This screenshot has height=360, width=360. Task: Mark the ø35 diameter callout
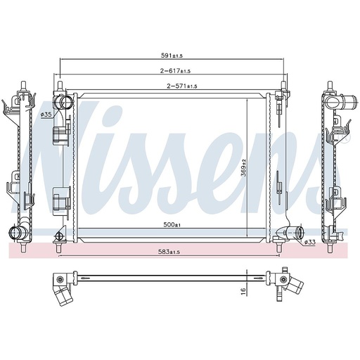pos(47,114)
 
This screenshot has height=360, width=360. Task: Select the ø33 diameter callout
pos(309,243)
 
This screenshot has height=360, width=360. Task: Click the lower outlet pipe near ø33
pos(294,233)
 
